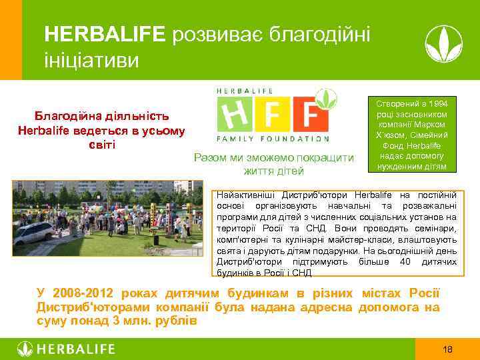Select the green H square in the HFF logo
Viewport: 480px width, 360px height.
click(x=237, y=115)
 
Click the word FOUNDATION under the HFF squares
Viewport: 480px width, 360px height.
click(x=301, y=139)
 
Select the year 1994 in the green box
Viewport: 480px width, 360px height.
click(x=442, y=105)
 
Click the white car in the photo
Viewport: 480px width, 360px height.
click(x=33, y=231)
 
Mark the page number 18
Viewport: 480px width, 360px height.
click(x=447, y=349)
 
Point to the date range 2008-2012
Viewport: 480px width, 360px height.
click(x=86, y=293)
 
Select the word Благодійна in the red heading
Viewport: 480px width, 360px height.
click(x=74, y=116)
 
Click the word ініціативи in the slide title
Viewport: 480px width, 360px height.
click(x=91, y=61)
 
